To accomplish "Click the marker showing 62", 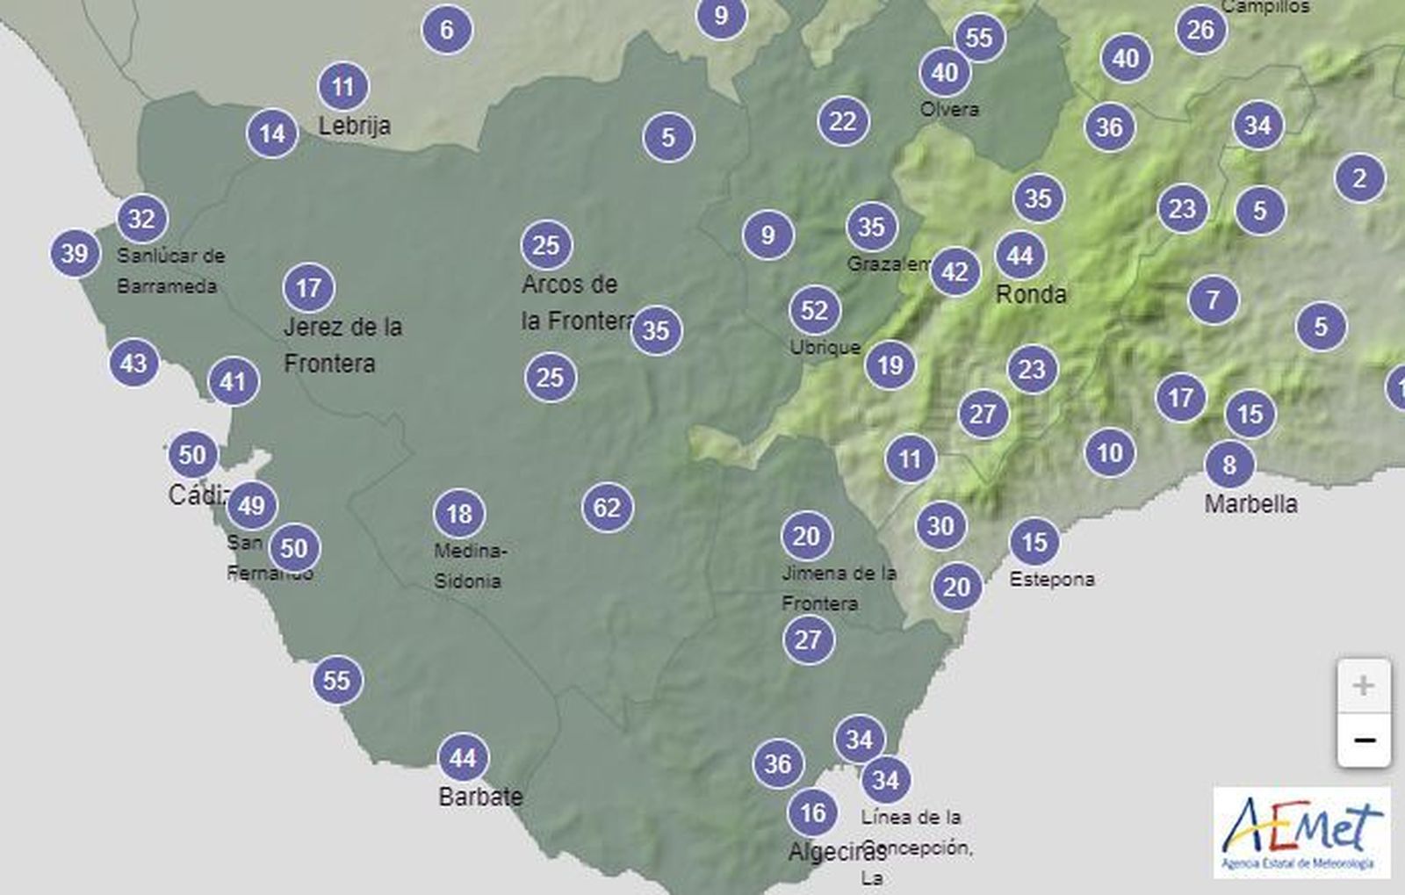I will click(x=607, y=508).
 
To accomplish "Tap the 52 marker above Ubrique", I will click(x=815, y=310).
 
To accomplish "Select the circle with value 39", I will click(x=75, y=254).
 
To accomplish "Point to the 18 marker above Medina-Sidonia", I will click(x=459, y=513).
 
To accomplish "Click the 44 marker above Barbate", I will click(x=463, y=757).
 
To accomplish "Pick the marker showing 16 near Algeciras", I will click(x=813, y=812).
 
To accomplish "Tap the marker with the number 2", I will click(x=1359, y=178).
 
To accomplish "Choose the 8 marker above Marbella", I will click(x=1229, y=464).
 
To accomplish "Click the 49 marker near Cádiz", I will click(x=251, y=505).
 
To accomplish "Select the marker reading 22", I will click(x=842, y=121).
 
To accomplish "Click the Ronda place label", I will click(x=1031, y=293).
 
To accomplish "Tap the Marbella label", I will click(x=1250, y=504).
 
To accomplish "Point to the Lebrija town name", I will click(x=354, y=126).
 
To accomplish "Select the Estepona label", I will click(x=1052, y=579).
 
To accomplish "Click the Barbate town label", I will click(x=480, y=797).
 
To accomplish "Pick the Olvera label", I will click(x=949, y=110).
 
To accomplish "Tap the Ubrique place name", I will click(x=825, y=347).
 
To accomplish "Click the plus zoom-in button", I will click(x=1363, y=686).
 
